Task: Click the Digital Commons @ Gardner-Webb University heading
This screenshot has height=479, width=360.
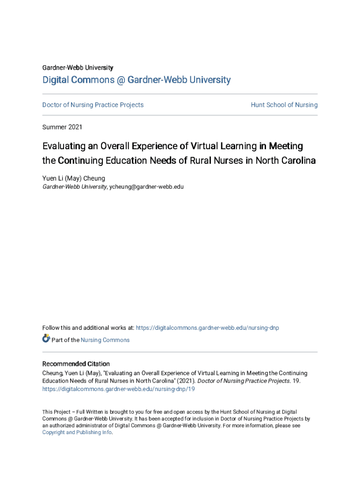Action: click(137, 80)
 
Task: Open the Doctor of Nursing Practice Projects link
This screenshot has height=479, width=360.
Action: click(93, 105)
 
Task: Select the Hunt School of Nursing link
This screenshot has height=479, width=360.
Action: click(284, 105)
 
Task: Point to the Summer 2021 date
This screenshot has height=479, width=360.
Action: click(62, 127)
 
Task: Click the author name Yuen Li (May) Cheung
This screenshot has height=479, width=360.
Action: click(74, 178)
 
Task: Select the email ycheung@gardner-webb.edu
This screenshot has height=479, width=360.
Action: click(146, 187)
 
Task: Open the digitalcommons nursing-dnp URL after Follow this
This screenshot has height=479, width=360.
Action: click(207, 328)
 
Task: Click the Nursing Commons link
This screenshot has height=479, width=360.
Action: click(105, 340)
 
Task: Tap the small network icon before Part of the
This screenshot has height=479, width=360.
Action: click(46, 338)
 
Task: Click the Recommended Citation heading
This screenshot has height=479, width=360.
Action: click(76, 364)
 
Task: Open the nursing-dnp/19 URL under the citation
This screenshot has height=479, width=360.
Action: click(119, 389)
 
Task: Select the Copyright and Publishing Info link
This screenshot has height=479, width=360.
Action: click(77, 432)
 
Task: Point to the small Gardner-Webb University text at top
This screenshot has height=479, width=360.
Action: click(78, 68)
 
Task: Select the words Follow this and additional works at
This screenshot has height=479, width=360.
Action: click(88, 328)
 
